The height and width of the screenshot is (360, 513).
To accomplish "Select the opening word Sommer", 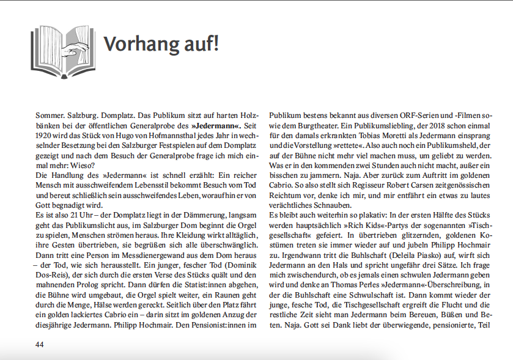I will click(x=51, y=115).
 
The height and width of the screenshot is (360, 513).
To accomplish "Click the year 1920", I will click(x=45, y=136).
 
